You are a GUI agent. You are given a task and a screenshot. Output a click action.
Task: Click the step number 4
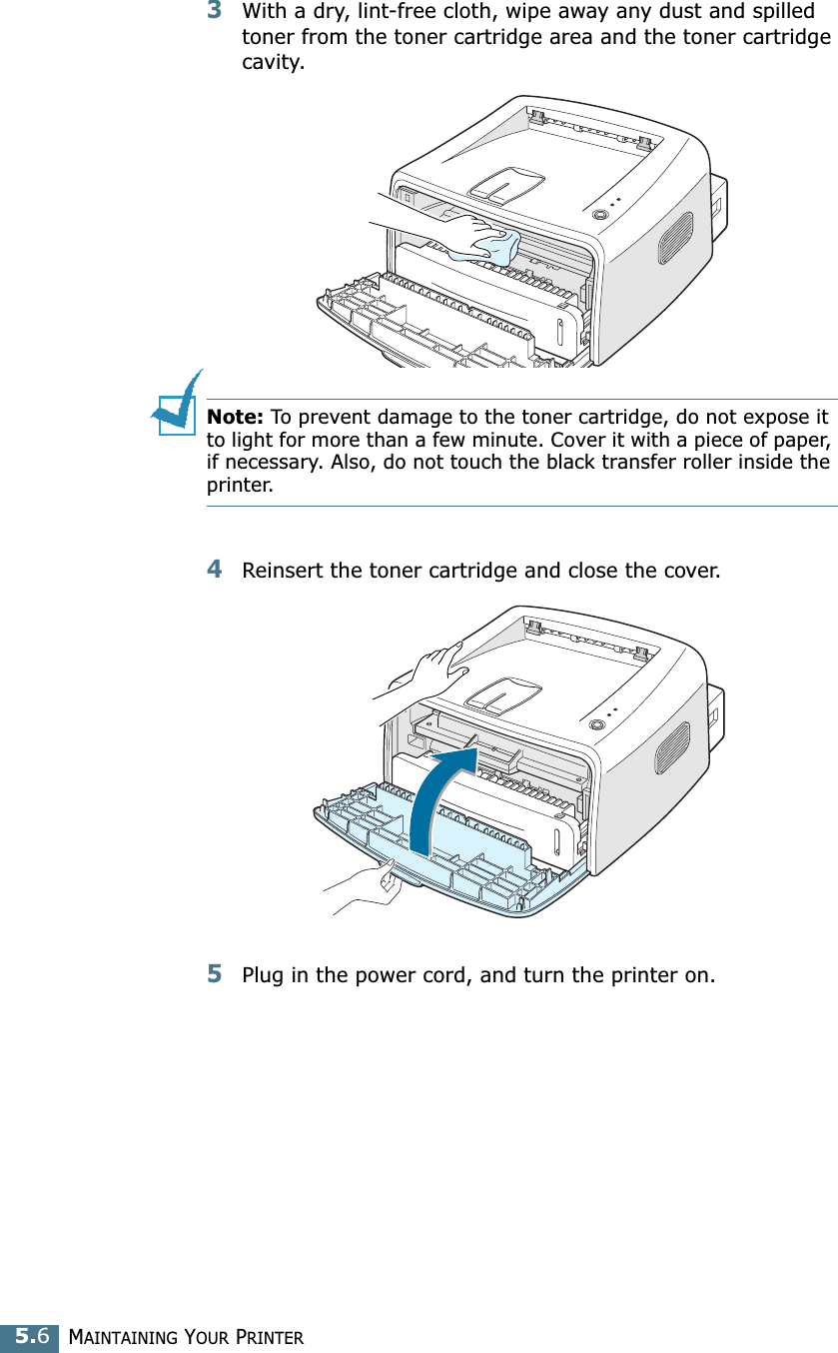pos(215,570)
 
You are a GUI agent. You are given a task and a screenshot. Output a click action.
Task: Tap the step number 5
pos(215,973)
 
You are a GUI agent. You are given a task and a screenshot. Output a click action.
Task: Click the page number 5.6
pos(29,1336)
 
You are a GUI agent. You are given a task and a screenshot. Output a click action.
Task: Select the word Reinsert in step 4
pos(283,572)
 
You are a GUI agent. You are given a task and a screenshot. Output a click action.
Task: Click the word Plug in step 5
pos(264,975)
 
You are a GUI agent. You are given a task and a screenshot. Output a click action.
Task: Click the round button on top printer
pos(600,215)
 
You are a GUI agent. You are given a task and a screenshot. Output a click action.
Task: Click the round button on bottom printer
pos(597,725)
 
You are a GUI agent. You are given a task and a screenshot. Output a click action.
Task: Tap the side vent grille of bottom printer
pos(672,747)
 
